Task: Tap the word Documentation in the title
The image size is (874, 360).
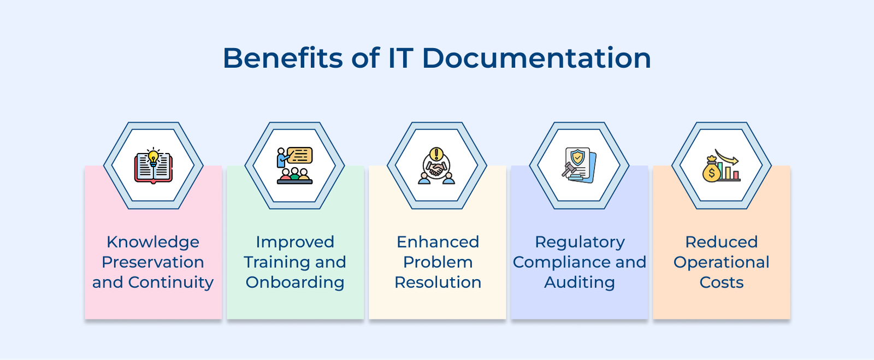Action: [x=536, y=58]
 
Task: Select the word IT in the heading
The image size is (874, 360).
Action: [x=400, y=58]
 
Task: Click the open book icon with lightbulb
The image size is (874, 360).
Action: [x=153, y=166]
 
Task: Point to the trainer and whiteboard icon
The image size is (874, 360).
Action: [x=295, y=166]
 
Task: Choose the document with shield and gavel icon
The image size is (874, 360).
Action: [x=579, y=165]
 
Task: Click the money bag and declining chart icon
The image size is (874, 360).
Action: [x=721, y=166]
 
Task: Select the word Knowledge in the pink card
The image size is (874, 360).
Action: [x=153, y=242]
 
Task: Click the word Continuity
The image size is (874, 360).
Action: [x=170, y=282]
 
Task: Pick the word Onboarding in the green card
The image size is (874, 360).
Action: [x=295, y=282]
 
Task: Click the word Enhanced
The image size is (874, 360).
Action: [x=438, y=242]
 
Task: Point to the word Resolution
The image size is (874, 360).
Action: [x=438, y=282]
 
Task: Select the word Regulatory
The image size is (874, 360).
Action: [x=580, y=242]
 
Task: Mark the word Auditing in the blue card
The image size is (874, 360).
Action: [x=580, y=282]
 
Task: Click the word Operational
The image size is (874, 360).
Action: [x=721, y=262]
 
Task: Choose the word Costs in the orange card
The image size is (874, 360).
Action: [x=721, y=282]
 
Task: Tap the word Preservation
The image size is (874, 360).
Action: [x=153, y=262]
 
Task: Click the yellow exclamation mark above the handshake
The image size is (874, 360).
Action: [x=436, y=154]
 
